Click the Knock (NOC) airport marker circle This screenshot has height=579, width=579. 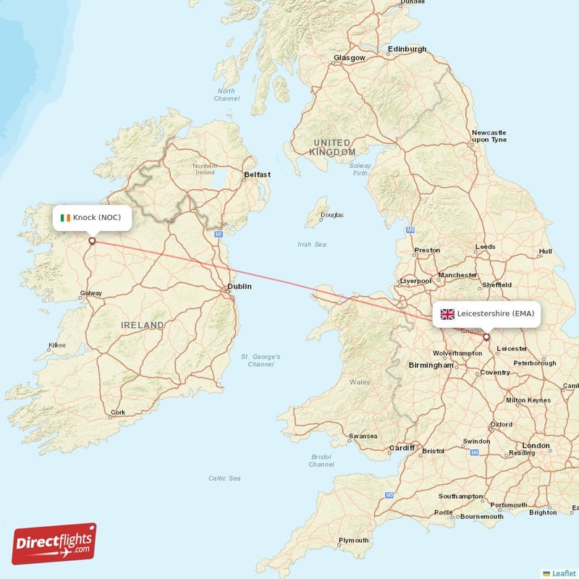[92, 241]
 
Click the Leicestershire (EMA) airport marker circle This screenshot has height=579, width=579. [486, 337]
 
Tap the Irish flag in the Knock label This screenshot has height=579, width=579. [65, 217]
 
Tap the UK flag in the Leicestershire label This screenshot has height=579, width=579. [447, 313]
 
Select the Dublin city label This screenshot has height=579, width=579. [240, 287]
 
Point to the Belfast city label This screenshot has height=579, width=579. [257, 174]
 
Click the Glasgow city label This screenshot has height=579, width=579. [350, 58]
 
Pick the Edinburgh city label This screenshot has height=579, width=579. [407, 49]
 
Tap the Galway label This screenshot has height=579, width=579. [91, 293]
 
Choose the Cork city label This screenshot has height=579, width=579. [118, 413]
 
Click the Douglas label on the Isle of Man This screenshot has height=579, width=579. [332, 215]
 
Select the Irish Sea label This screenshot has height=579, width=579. [312, 245]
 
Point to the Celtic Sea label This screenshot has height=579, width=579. [224, 478]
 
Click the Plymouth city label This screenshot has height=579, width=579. [354, 540]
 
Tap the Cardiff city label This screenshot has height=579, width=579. [402, 447]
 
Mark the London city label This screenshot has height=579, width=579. [536, 445]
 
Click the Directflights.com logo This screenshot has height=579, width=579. [54, 544]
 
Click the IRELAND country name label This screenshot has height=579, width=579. [143, 326]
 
